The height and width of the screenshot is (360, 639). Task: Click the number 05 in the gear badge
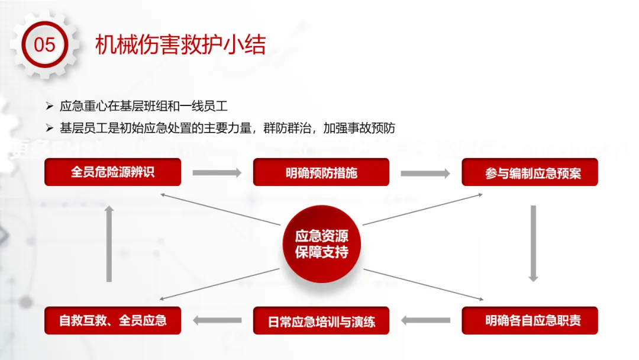click(x=44, y=44)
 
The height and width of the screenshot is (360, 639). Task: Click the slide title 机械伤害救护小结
click(x=180, y=45)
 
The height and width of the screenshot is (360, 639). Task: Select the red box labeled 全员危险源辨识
click(x=112, y=172)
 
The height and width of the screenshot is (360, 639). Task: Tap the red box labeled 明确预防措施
click(x=321, y=172)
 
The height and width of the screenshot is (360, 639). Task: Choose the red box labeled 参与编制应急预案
click(x=530, y=172)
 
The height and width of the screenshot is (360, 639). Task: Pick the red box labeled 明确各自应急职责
click(x=530, y=320)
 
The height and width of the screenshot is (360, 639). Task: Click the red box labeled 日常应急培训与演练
click(x=321, y=320)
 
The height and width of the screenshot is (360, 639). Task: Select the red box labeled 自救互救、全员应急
click(x=112, y=320)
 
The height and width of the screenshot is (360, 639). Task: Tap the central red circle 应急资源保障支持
click(x=321, y=243)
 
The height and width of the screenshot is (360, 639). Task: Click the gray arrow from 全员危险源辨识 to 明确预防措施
click(x=217, y=173)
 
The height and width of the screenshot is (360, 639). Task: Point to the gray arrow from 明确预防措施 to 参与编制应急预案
click(x=425, y=173)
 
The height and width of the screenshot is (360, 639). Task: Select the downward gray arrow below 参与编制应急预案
click(x=533, y=243)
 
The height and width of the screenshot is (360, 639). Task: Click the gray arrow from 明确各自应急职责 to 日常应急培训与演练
click(x=425, y=320)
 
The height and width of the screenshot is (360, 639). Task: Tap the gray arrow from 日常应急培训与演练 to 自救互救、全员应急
click(x=217, y=320)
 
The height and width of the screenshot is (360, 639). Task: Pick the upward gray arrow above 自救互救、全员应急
click(x=109, y=243)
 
